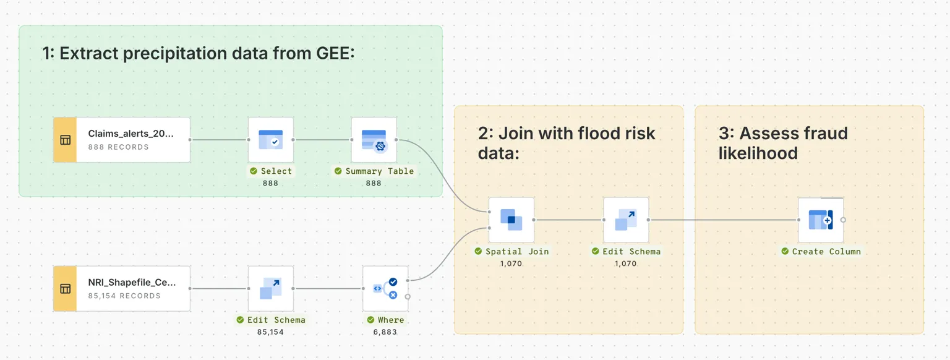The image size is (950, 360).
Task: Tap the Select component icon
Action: tap(270, 140)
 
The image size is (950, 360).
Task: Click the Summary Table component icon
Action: tap(374, 140)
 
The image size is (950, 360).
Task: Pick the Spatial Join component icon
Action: tap(511, 220)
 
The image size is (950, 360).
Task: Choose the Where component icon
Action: tap(385, 288)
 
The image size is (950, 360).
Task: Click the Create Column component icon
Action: tap(820, 220)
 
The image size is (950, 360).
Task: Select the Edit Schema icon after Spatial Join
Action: tap(626, 220)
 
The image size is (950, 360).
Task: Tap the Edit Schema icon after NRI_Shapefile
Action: tap(270, 288)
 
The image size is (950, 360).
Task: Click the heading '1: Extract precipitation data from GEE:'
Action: tap(198, 53)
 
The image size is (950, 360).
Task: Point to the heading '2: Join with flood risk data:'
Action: tap(566, 142)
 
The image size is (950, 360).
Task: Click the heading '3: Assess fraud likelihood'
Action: tap(782, 142)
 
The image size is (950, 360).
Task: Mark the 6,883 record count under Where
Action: tap(385, 332)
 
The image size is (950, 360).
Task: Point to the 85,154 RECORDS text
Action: tap(124, 296)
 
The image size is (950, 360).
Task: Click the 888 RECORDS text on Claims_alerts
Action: tap(119, 147)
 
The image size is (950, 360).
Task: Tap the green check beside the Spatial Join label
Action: tap(478, 252)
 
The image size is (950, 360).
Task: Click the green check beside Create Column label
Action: tap(785, 252)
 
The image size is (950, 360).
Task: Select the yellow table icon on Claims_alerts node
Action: tap(65, 140)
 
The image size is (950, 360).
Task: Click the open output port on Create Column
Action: tap(843, 220)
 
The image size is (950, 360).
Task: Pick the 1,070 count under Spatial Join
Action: tap(511, 264)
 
